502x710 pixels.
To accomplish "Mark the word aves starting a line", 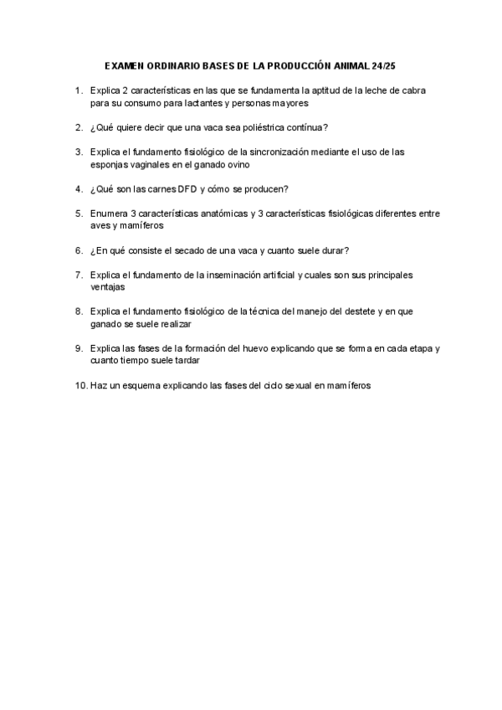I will pos(100,226).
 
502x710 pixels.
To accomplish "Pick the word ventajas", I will pos(108,287).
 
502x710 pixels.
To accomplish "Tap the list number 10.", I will pos(79,386).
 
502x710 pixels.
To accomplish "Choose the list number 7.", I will pos(78,275).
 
